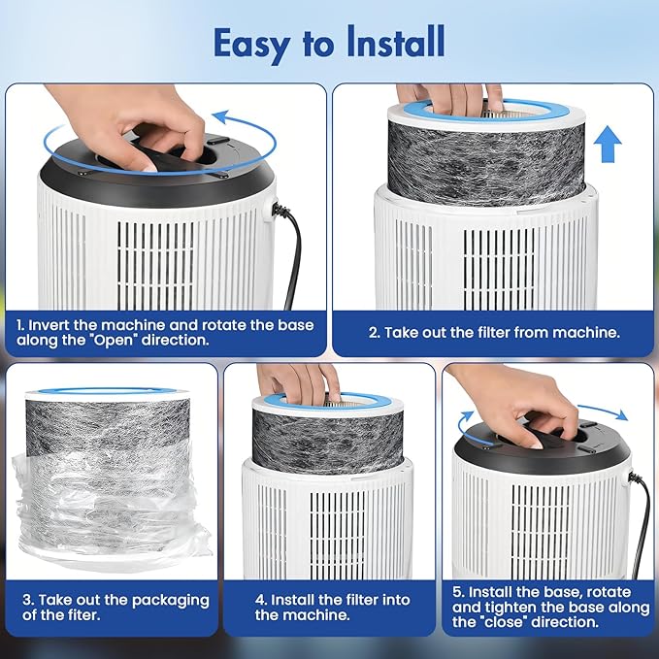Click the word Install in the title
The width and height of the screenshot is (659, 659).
[x=395, y=42]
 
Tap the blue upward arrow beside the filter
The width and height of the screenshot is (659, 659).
[x=608, y=145]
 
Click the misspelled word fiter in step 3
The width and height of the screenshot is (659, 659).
[x=83, y=615]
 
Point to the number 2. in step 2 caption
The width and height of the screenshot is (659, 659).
[x=375, y=333]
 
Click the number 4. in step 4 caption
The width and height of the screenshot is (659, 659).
[x=261, y=600]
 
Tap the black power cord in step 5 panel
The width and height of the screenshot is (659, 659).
[x=642, y=525]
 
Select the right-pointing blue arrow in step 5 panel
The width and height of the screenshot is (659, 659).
[x=604, y=412]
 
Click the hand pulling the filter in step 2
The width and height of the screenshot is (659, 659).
[x=449, y=97]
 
